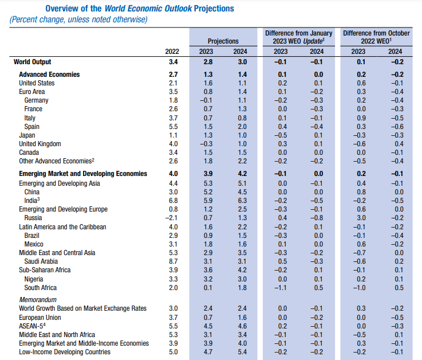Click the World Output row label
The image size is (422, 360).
click(32, 62)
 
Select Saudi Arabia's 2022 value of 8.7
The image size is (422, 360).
click(173, 261)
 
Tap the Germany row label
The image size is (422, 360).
click(36, 100)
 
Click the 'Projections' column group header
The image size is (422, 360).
click(223, 41)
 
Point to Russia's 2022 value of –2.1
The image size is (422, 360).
click(171, 218)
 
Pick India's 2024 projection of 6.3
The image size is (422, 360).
click(242, 201)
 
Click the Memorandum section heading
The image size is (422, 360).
click(38, 300)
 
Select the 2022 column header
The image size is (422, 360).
click(172, 52)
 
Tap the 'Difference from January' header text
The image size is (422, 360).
click(299, 33)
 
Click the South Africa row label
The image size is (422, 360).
click(41, 288)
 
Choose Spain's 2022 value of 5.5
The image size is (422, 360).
click(173, 127)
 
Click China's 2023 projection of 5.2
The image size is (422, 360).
click(208, 192)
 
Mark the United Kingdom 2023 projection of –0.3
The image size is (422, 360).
click(206, 144)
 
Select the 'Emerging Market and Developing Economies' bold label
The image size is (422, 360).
click(83, 174)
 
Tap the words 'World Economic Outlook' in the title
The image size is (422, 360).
click(148, 9)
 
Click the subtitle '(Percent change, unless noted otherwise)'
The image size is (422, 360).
click(78, 19)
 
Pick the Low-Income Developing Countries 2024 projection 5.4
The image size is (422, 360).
click(242, 352)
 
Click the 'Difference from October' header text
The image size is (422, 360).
click(376, 33)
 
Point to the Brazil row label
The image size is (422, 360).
click(31, 236)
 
